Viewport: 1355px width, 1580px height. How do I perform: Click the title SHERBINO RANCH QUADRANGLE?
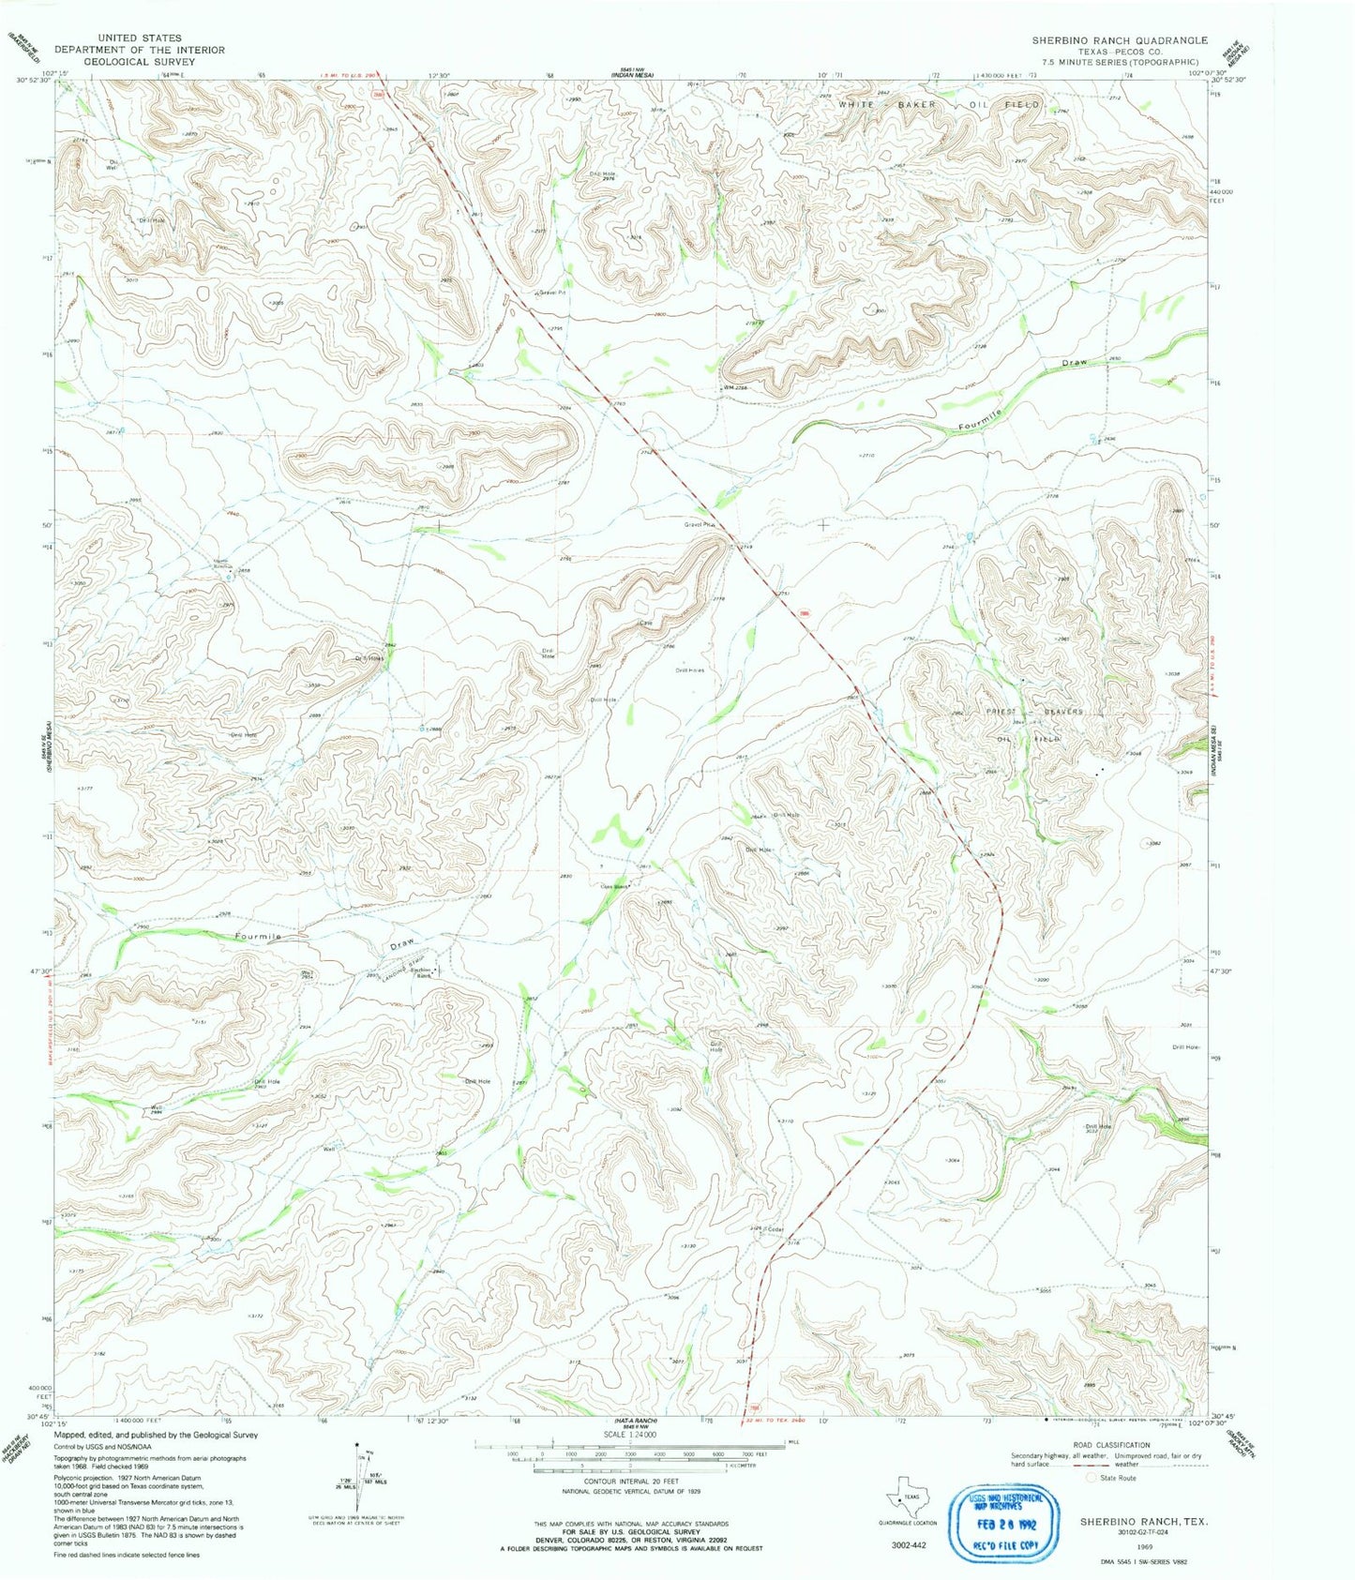(x=1120, y=41)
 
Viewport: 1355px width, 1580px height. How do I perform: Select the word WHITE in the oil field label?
(x=864, y=105)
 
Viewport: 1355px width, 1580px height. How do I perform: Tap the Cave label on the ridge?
(x=644, y=625)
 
